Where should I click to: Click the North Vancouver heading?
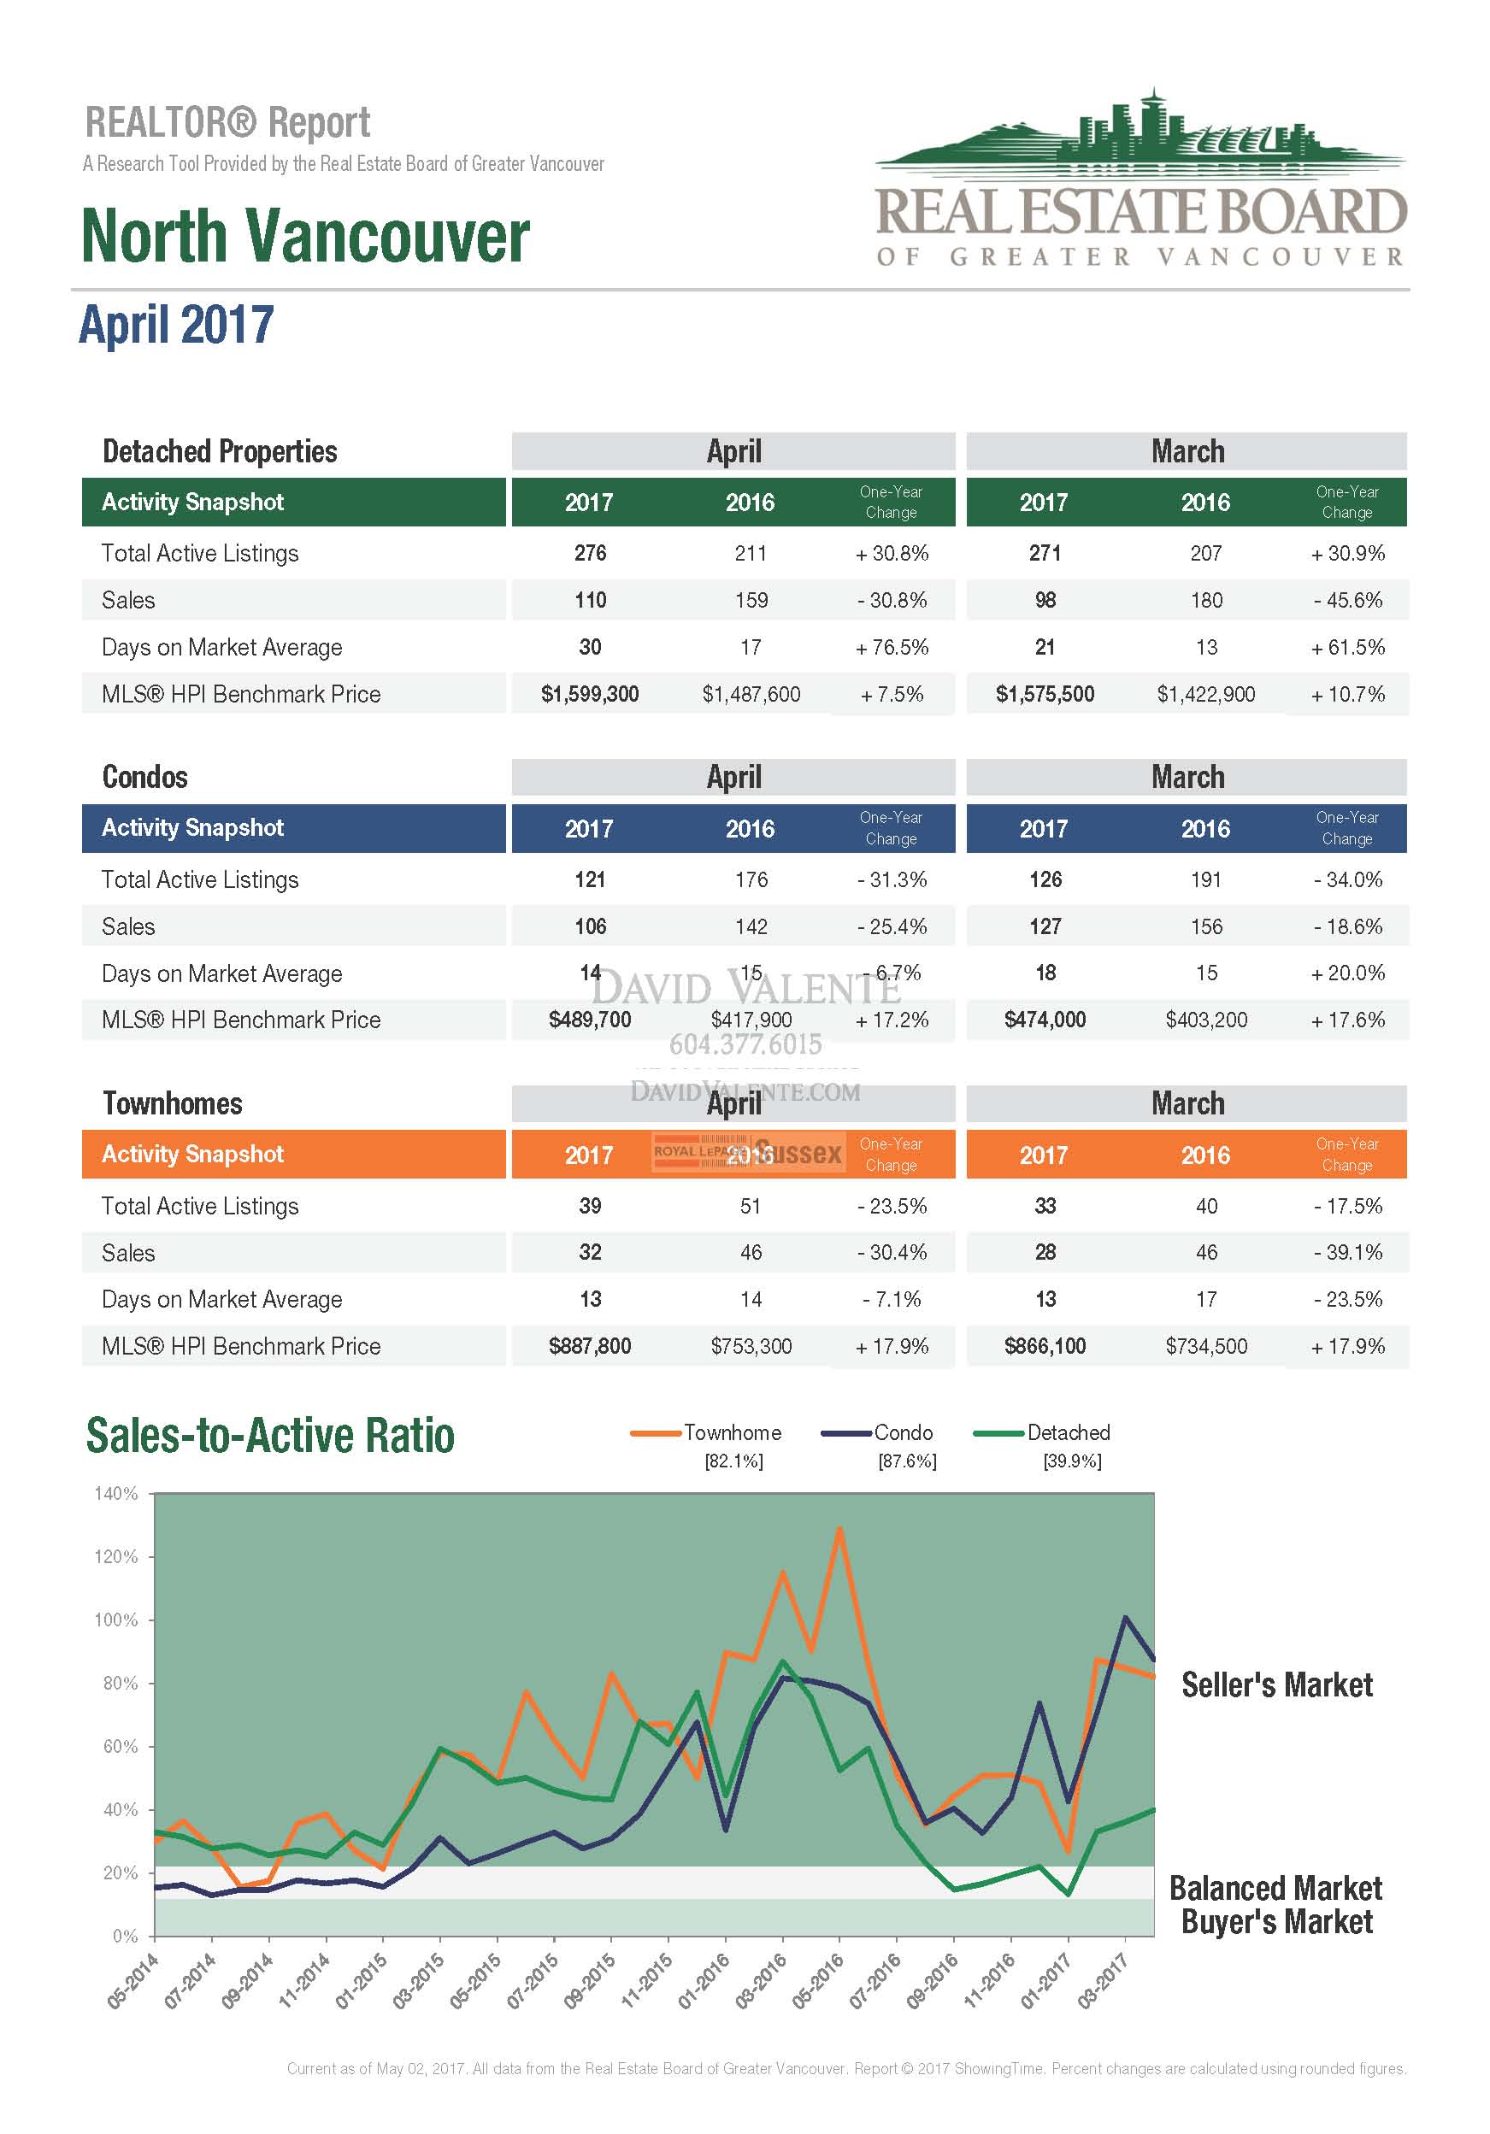(x=305, y=236)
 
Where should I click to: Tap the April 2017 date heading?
(x=177, y=326)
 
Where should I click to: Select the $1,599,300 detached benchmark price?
(x=589, y=694)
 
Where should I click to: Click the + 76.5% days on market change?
(x=892, y=647)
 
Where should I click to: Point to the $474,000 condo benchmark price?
(x=1045, y=1020)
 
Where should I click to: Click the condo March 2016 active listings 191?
(x=1205, y=879)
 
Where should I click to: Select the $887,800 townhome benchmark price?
(x=589, y=1346)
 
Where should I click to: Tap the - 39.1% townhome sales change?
(x=1348, y=1253)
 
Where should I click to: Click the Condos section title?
(x=145, y=777)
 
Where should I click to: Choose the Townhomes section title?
(x=172, y=1103)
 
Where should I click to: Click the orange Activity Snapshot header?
(x=192, y=1155)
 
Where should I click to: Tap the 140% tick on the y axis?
(x=116, y=1494)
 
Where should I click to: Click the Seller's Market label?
(x=1276, y=1684)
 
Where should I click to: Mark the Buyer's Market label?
(x=1276, y=1921)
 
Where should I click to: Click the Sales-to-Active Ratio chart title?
(x=270, y=1436)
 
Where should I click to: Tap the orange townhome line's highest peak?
(x=839, y=1529)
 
